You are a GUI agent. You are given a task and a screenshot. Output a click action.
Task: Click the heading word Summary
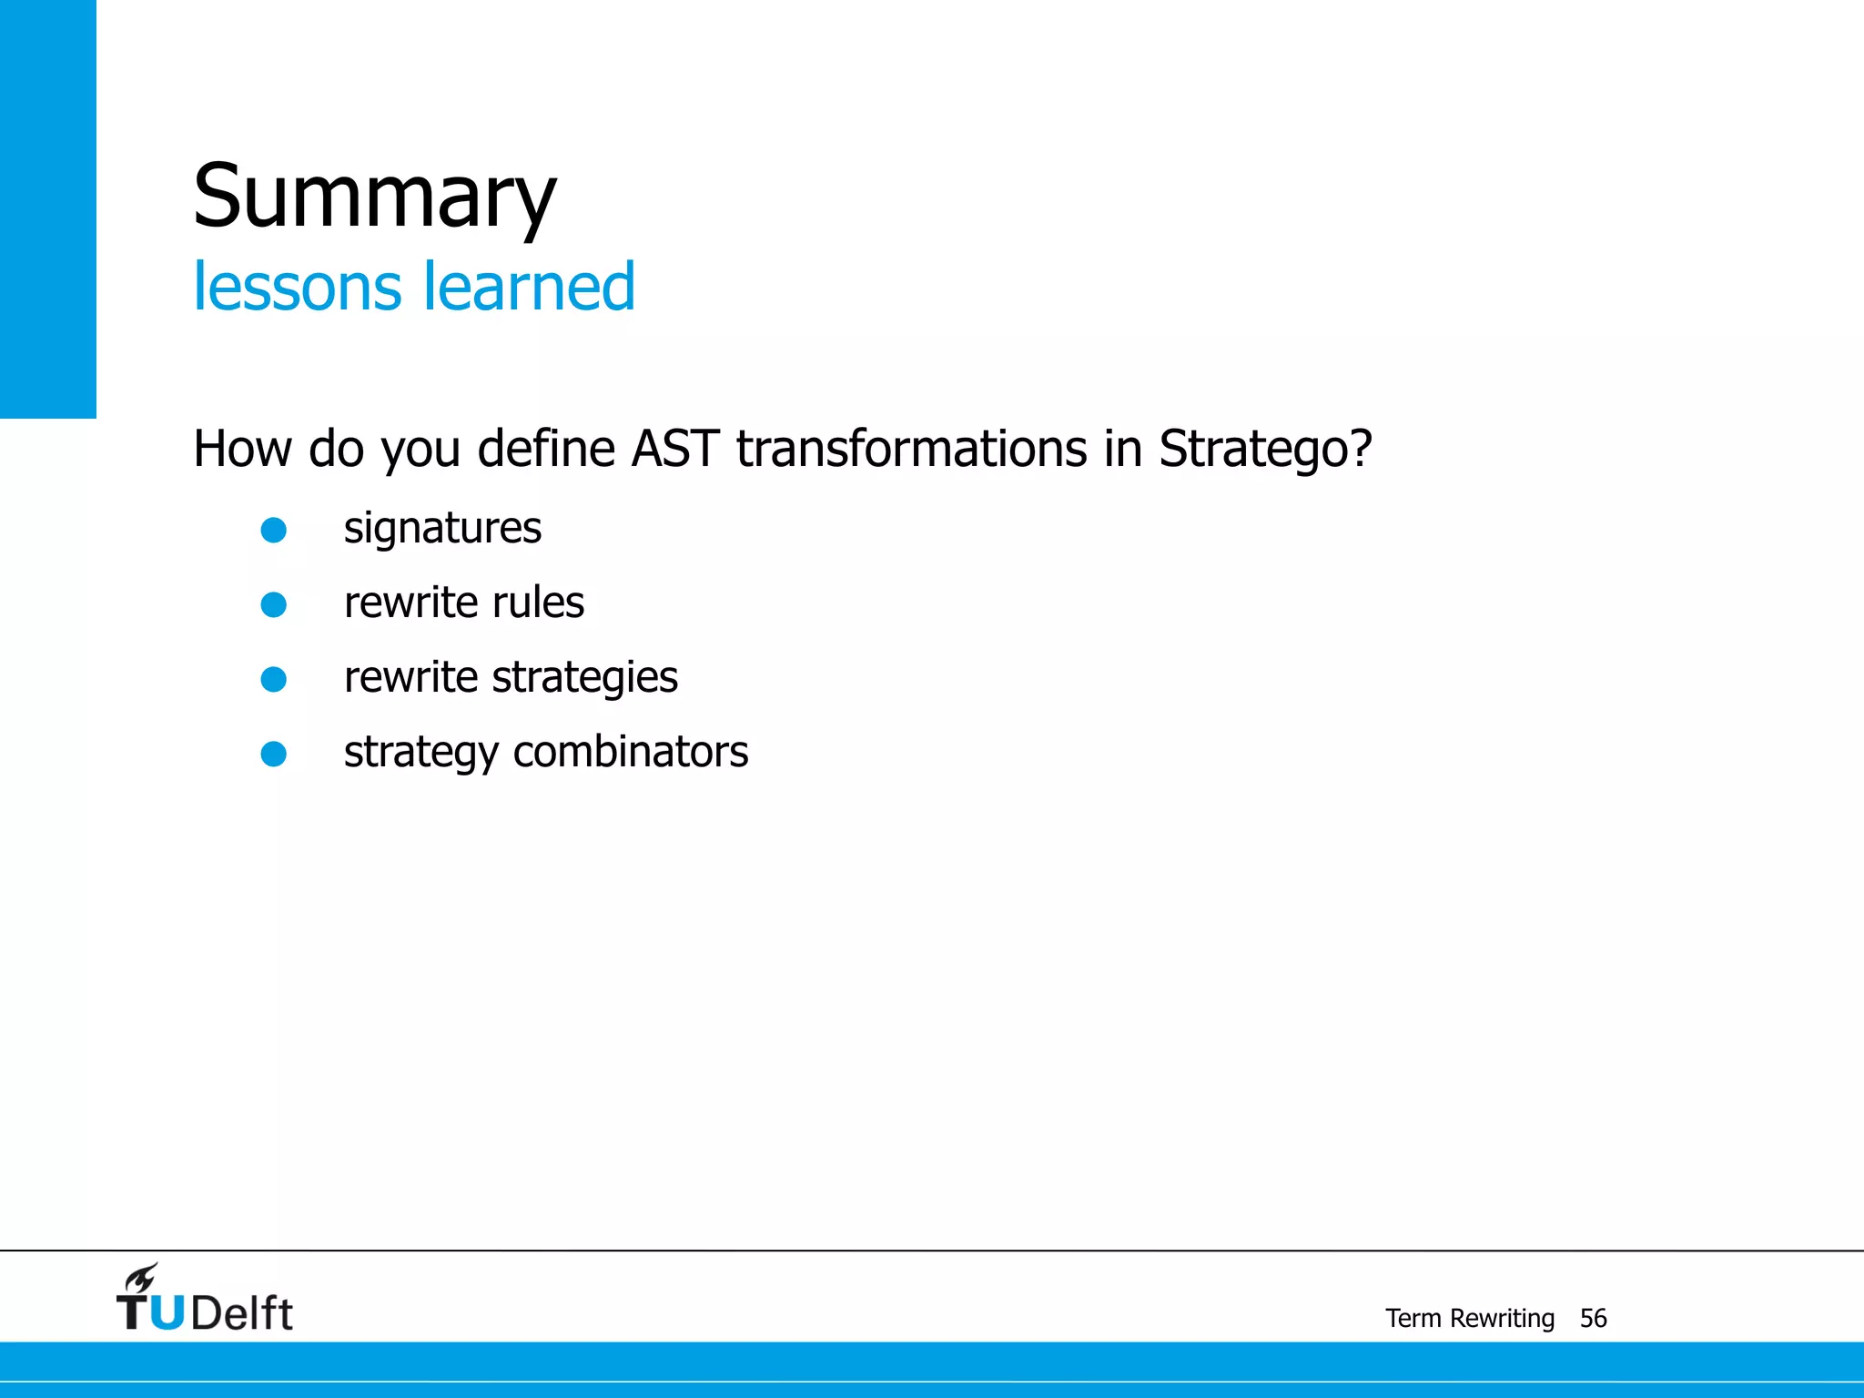click(x=374, y=196)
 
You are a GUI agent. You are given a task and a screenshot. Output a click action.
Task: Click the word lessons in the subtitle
click(x=297, y=287)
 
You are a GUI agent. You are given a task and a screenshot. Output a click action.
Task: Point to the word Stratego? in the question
click(x=1264, y=449)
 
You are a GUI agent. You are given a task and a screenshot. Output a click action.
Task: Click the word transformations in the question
click(x=911, y=449)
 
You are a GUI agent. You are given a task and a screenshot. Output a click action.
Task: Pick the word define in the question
click(x=546, y=449)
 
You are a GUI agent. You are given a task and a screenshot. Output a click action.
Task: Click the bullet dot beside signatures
click(x=274, y=531)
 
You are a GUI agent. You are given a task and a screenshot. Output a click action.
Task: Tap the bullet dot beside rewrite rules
click(x=274, y=605)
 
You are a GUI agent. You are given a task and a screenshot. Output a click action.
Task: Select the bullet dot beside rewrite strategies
click(x=274, y=680)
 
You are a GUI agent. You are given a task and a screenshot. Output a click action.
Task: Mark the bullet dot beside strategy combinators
click(x=274, y=755)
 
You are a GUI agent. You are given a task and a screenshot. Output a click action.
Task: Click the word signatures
click(x=442, y=529)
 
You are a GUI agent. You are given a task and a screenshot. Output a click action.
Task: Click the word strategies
click(x=585, y=678)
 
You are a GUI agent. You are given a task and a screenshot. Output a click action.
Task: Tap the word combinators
click(x=631, y=753)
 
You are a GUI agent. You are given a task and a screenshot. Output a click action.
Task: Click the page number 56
click(x=1593, y=1318)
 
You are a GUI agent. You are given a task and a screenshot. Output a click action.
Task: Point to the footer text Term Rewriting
click(x=1469, y=1318)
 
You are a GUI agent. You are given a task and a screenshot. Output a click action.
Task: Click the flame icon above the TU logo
click(x=142, y=1278)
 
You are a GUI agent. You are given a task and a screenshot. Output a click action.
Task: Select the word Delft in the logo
click(x=242, y=1313)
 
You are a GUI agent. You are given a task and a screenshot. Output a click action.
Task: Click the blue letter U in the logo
click(x=167, y=1313)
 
